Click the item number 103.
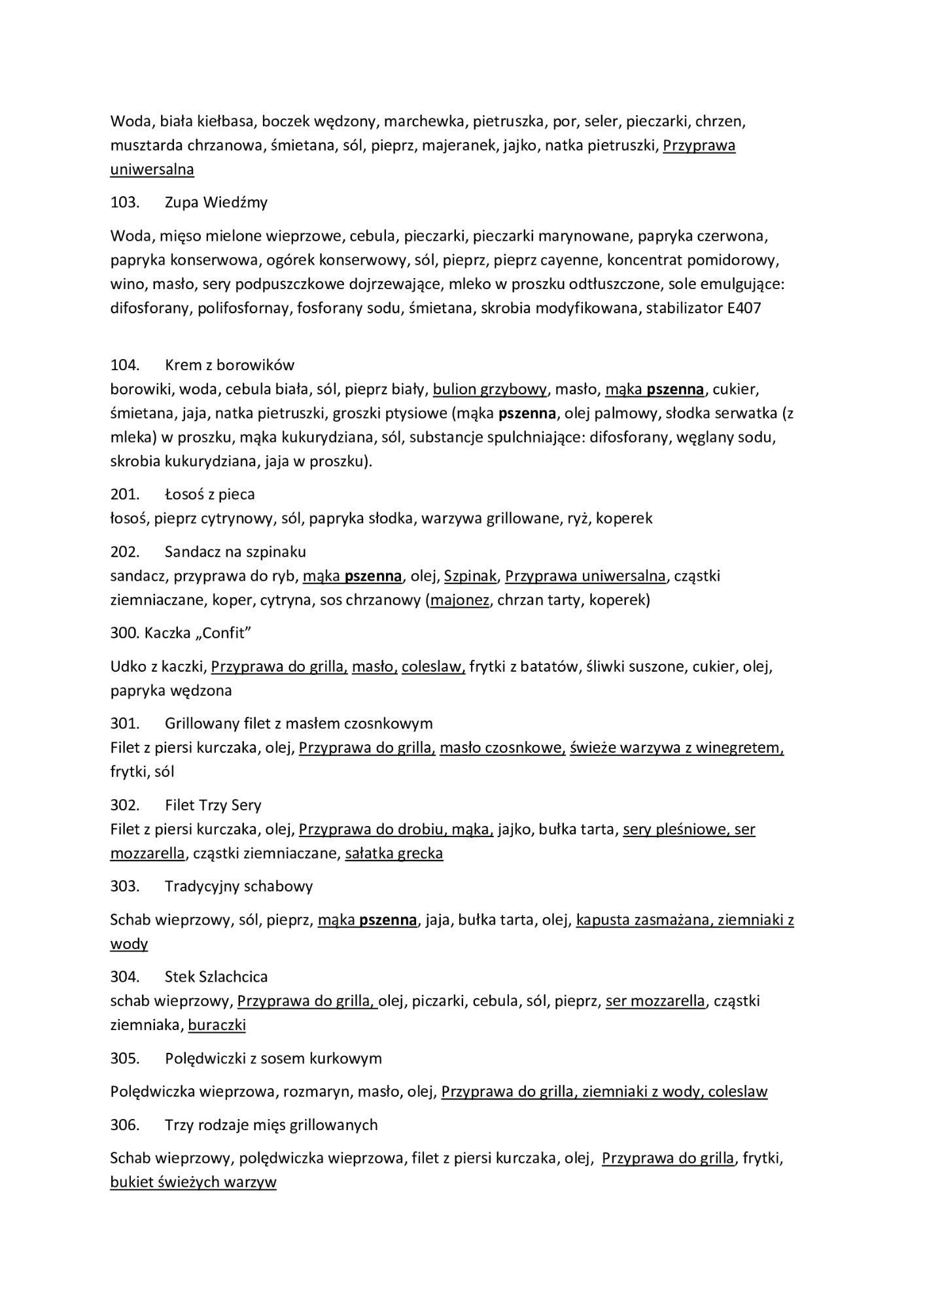click(124, 202)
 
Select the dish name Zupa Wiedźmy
click(216, 202)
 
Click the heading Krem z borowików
click(229, 364)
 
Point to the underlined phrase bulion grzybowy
click(489, 389)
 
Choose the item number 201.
click(124, 494)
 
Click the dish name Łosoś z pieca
click(209, 494)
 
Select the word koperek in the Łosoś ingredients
click(624, 519)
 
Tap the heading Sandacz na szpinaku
click(235, 551)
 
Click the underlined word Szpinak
click(470, 576)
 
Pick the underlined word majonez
click(459, 600)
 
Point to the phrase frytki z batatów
click(524, 666)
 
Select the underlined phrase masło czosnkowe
click(502, 748)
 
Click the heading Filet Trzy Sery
click(213, 805)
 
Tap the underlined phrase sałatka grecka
click(394, 853)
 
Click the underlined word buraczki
click(217, 1025)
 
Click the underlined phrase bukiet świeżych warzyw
click(193, 1182)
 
